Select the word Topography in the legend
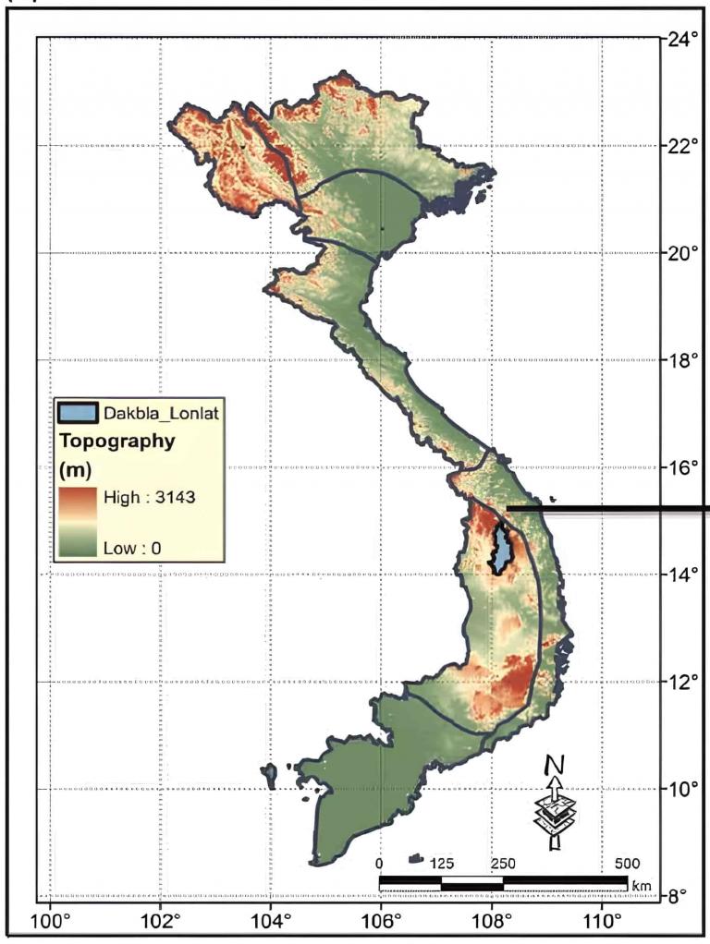pyautogui.click(x=116, y=441)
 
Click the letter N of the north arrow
pyautogui.click(x=553, y=766)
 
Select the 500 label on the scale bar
pyautogui.click(x=627, y=864)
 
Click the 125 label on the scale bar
pyautogui.click(x=442, y=864)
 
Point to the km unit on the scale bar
pyautogui.click(x=641, y=886)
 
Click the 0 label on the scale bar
pyautogui.click(x=380, y=864)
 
